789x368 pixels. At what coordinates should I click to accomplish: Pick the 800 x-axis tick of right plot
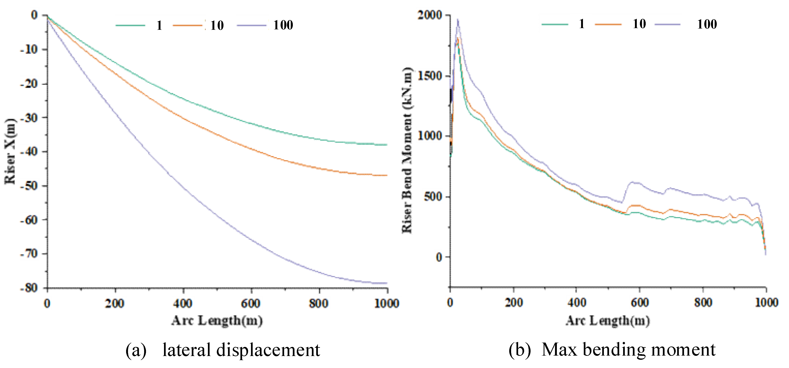coord(703,302)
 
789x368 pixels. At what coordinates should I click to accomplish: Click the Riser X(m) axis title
coord(10,151)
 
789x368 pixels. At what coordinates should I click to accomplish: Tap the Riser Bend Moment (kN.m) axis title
coord(407,150)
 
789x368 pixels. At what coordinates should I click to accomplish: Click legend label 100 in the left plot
coord(283,25)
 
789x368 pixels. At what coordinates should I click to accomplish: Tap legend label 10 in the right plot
coord(639,24)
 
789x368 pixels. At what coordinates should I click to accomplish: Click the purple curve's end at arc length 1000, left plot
coord(387,283)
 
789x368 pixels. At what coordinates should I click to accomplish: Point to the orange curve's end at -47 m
coord(387,175)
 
